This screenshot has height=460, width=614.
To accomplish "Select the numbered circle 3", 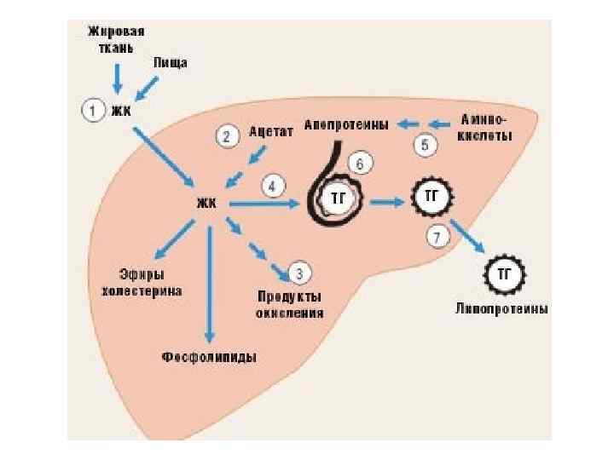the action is pos(299,273).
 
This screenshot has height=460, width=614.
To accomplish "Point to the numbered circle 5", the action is pos(426,145).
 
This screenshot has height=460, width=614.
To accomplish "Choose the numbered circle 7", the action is pos(437,236).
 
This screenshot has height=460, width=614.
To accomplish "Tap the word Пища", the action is pos(171,64).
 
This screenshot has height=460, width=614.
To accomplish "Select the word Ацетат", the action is pos(271,134).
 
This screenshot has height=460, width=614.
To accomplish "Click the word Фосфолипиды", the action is pos(210,355).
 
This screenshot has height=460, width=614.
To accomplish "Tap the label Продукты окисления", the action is pos(290,304).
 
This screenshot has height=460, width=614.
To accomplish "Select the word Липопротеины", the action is pos(502,308).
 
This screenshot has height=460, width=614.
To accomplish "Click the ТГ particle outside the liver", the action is pos(503,273).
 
